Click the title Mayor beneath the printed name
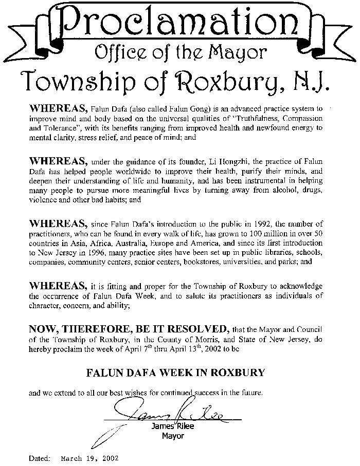pos(173,436)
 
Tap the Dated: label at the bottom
pos(40,457)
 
